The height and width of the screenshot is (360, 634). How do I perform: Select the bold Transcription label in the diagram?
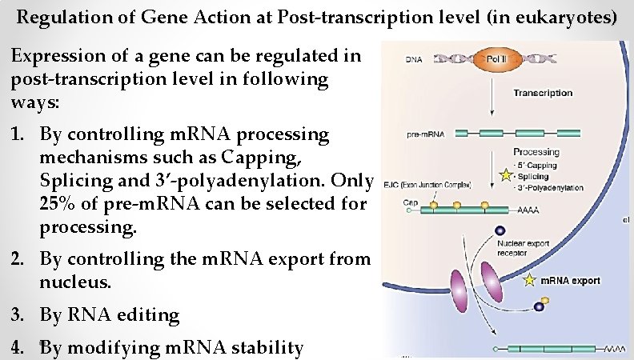pyautogui.click(x=543, y=93)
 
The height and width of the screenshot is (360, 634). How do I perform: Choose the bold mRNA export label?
pyautogui.click(x=570, y=281)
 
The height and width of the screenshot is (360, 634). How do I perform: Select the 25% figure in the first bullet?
pyautogui.click(x=58, y=203)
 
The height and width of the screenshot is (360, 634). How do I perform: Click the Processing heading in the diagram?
pyautogui.click(x=536, y=152)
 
